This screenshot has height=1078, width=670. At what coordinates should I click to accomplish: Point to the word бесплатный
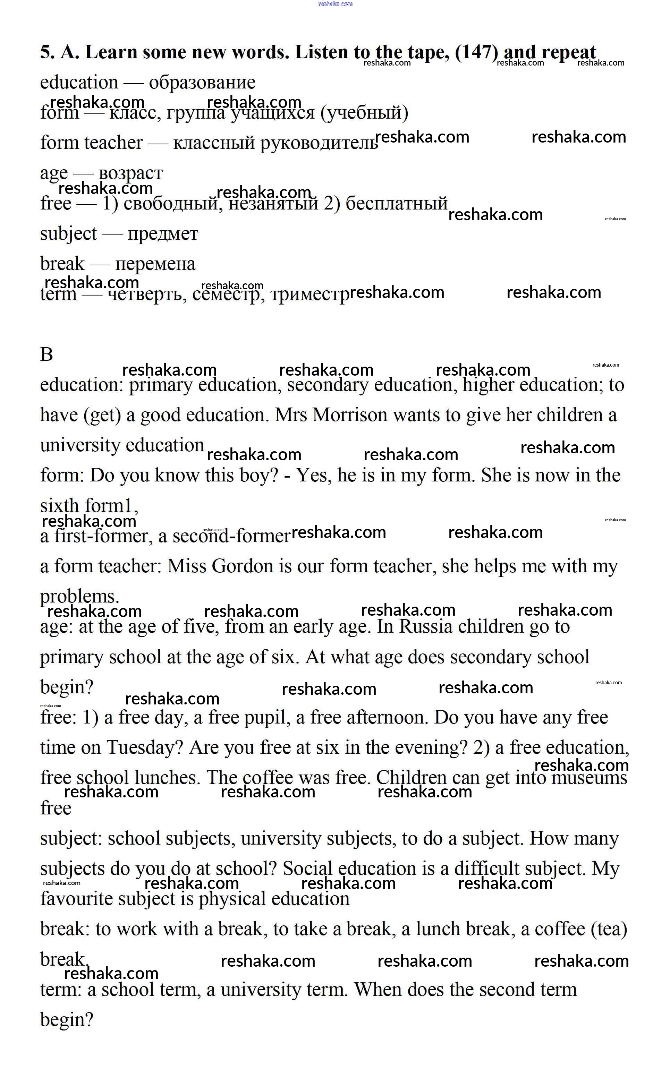pyautogui.click(x=397, y=203)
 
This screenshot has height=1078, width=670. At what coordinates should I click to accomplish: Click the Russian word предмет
pyautogui.click(x=163, y=234)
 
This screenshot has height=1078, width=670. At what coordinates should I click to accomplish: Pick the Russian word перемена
pyautogui.click(x=155, y=264)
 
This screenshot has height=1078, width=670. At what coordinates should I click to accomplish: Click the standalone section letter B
pyautogui.click(x=46, y=354)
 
